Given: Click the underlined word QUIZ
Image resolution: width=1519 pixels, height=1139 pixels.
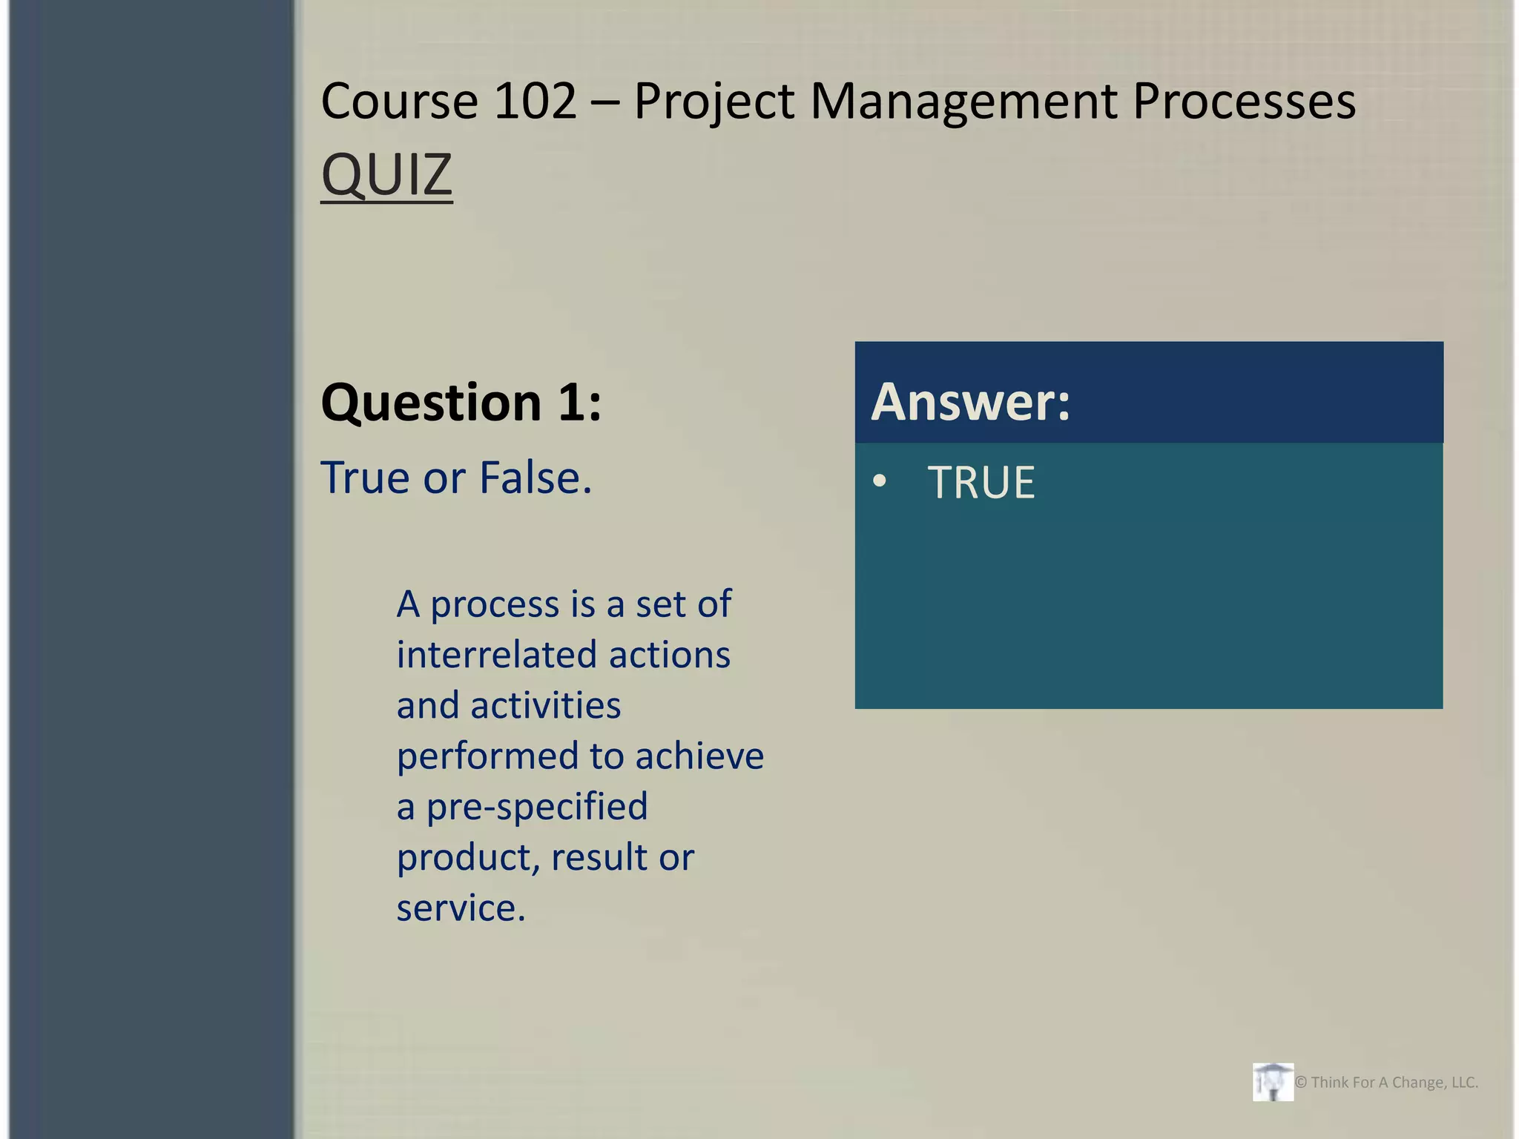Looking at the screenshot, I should pyautogui.click(x=386, y=175).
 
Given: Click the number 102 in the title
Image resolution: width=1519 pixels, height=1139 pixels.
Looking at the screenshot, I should pyautogui.click(x=535, y=101).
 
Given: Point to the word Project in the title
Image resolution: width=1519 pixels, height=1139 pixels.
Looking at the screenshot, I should pyautogui.click(x=714, y=102).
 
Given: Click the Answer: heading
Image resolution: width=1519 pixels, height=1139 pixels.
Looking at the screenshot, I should pyautogui.click(x=971, y=402).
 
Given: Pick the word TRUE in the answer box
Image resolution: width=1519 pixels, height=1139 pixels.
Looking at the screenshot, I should pyautogui.click(x=981, y=483).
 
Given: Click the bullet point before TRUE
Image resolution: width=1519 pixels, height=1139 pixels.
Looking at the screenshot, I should pyautogui.click(x=880, y=481).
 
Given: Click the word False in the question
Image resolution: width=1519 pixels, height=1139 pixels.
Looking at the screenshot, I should pyautogui.click(x=535, y=478).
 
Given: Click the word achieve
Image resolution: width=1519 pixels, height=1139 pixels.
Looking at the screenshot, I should pyautogui.click(x=699, y=756).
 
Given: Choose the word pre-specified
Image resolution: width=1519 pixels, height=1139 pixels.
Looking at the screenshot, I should pyautogui.click(x=537, y=807).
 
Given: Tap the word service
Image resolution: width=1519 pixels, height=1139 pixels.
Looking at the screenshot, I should pyautogui.click(x=461, y=908).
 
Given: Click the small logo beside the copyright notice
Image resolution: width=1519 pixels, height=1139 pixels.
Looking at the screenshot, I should pyautogui.click(x=1273, y=1082).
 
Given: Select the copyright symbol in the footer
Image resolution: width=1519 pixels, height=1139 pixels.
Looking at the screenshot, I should pyautogui.click(x=1301, y=1083).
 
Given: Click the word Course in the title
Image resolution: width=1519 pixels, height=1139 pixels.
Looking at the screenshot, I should pyautogui.click(x=399, y=101).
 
